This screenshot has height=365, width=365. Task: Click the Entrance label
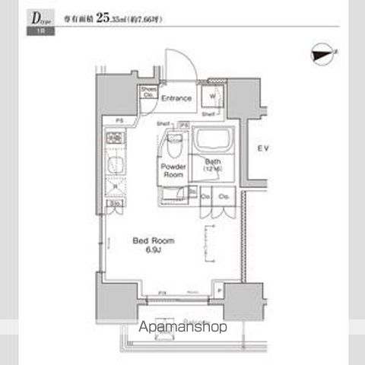[x=176, y=97]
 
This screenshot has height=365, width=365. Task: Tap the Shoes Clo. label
[x=148, y=94]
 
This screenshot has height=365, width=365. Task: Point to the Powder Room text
[x=173, y=170]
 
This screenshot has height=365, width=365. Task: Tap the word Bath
[x=212, y=161]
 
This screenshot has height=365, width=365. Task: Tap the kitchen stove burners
[x=116, y=139]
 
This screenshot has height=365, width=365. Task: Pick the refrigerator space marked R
[x=116, y=186]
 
